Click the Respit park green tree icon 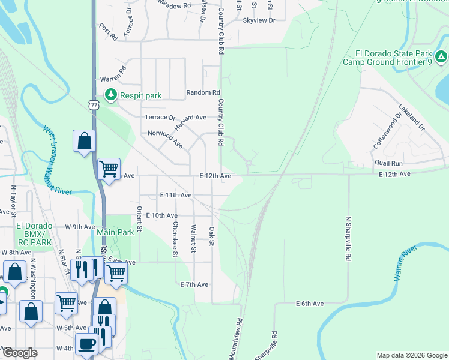pyautogui.click(x=110, y=95)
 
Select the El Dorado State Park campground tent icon pyautogui.click(x=441, y=57)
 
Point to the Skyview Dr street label pyautogui.click(x=259, y=20)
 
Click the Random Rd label pyautogui.click(x=203, y=92)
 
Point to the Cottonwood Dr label pyautogui.click(x=385, y=132)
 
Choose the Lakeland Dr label pyautogui.click(x=411, y=118)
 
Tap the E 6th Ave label pyautogui.click(x=310, y=304)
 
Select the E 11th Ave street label pyautogui.click(x=176, y=195)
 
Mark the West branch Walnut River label pyautogui.click(x=56, y=160)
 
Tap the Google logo pyautogui.click(x=19, y=353)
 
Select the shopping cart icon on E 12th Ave pyautogui.click(x=109, y=169)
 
